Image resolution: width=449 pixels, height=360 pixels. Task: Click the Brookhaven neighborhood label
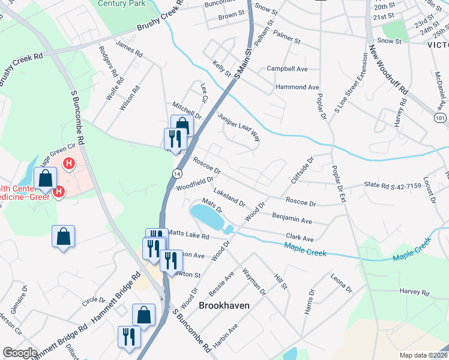coord(224,305)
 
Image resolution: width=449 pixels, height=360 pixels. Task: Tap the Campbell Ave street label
coord(287,69)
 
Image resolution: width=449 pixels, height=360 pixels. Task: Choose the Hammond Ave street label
coord(297,87)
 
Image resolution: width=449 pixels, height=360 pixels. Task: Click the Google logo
coord(20,352)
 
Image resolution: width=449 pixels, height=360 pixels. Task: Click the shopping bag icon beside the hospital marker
coord(46,178)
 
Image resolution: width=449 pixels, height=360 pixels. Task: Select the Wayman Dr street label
coord(253,281)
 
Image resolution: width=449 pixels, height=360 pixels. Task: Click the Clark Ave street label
coord(300,238)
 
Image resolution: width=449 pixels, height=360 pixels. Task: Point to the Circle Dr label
coord(93,299)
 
